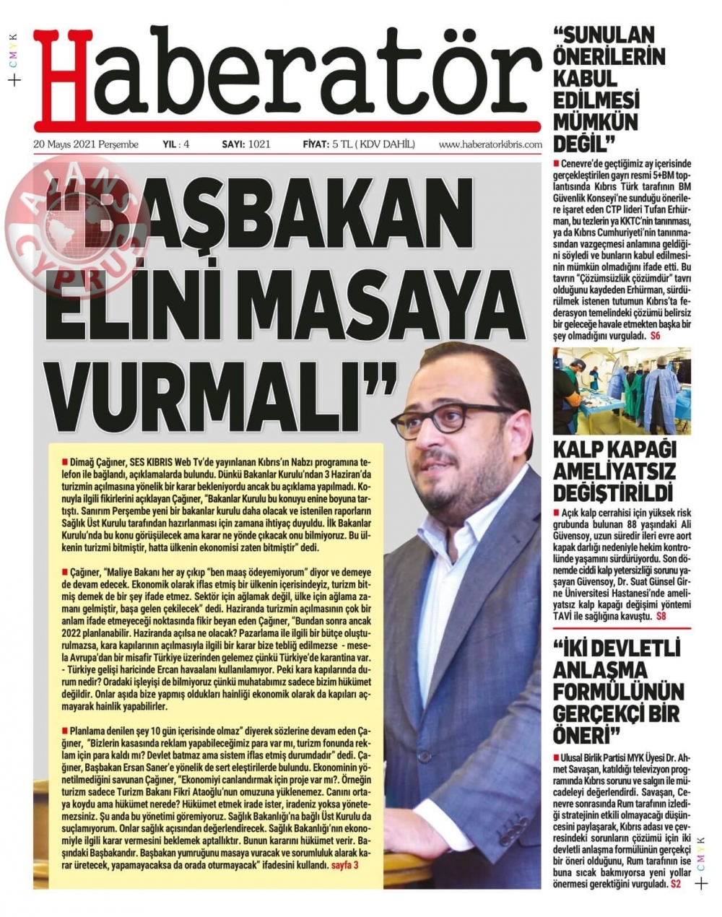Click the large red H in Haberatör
[61, 76]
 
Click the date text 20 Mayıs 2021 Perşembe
[86, 144]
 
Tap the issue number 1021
[258, 144]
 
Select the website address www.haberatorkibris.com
[490, 144]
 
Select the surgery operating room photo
[621, 391]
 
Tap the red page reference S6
[655, 336]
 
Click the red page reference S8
[661, 616]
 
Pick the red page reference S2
[676, 884]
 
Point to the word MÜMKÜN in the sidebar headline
[596, 121]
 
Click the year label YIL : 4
[176, 144]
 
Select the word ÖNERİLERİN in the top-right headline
[609, 56]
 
